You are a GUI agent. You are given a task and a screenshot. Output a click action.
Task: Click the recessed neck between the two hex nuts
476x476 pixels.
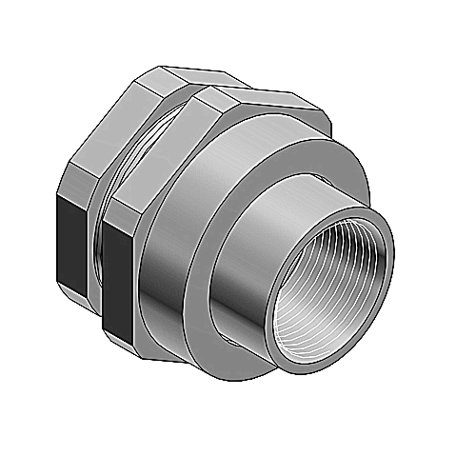coord(99,228)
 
